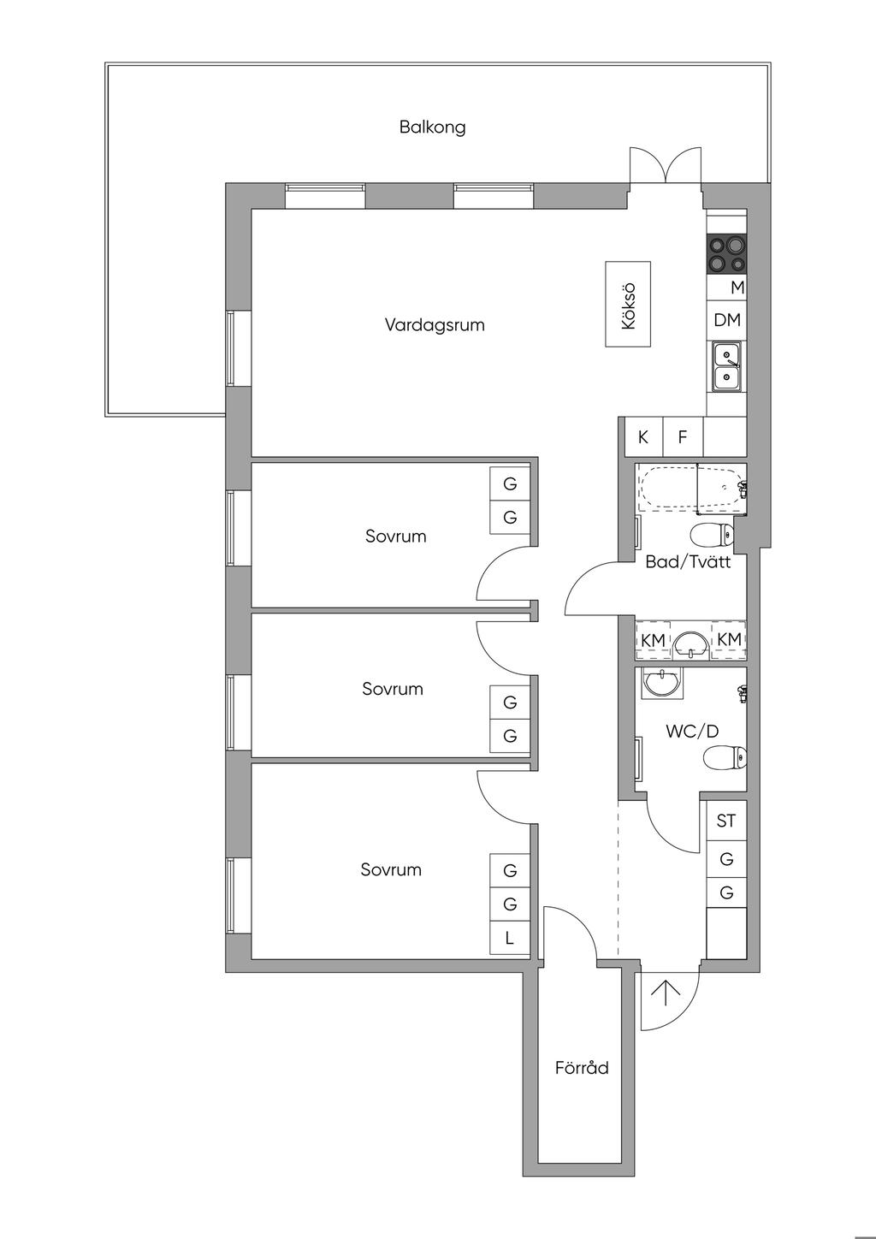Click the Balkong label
(433, 127)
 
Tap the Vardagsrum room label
(435, 324)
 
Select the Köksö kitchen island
(628, 305)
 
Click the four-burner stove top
(726, 253)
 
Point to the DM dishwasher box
(726, 320)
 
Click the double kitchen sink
(726, 367)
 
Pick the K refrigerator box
(643, 437)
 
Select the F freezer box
(683, 437)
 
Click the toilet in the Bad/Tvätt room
(713, 534)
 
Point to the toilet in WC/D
(725, 757)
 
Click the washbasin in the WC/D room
(662, 683)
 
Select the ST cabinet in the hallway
(726, 820)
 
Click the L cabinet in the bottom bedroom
(509, 938)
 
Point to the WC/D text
(692, 732)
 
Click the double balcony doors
(666, 165)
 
